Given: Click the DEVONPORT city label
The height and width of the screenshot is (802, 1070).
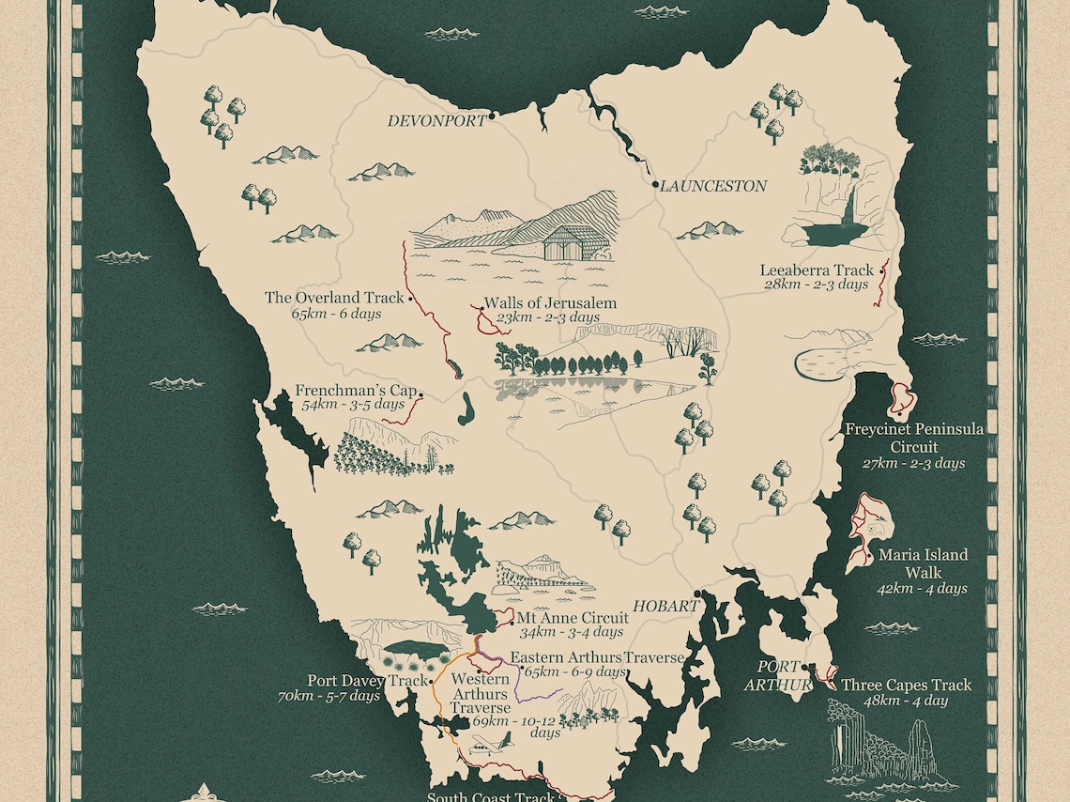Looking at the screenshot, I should pos(437,121).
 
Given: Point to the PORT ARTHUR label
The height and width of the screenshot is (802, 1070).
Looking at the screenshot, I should pos(778,676).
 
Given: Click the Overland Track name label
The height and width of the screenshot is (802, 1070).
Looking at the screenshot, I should pos(334,298).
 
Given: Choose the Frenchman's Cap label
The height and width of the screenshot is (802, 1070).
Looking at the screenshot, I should pos(355,391).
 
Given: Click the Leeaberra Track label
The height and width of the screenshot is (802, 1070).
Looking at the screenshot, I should pos(816,270).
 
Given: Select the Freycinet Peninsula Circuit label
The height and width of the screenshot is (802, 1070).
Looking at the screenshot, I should pos(913,438).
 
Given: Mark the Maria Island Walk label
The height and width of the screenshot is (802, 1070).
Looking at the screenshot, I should pos(923,563).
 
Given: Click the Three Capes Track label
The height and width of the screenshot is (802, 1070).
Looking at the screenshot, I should pos(906,685).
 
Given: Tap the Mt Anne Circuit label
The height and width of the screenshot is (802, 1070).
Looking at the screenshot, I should pos(573,618).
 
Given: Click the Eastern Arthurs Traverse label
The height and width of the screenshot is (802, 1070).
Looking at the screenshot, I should pos(597,657).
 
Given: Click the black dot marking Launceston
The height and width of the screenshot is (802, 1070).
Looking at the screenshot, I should pos(656,186).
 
